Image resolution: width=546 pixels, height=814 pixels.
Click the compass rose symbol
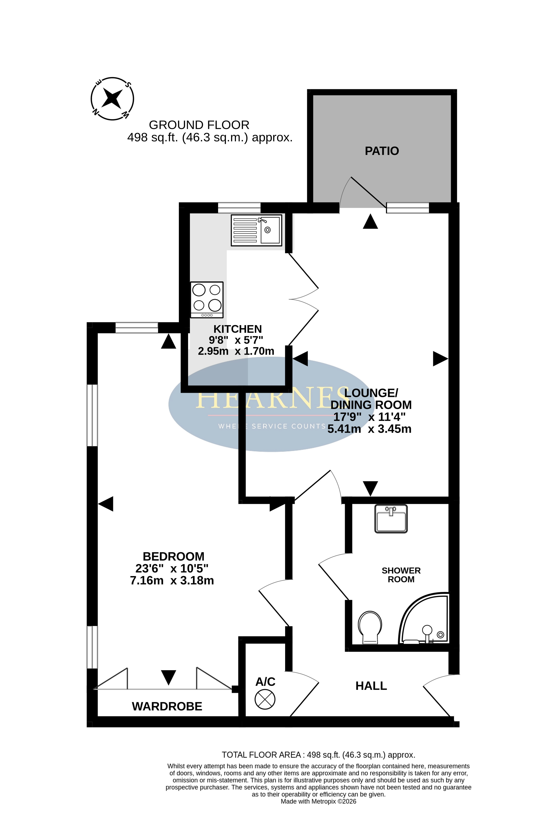112,99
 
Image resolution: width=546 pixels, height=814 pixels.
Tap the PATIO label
382,151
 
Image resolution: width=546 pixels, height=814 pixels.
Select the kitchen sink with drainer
256,230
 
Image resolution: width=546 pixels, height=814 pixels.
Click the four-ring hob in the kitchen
207,300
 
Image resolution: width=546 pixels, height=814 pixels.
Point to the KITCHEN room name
237,329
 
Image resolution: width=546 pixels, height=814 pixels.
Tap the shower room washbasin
391,519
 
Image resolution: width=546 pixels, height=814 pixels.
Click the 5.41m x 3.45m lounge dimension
369,429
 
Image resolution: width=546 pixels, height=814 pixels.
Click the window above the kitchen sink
239,208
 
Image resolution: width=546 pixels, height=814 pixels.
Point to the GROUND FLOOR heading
199,125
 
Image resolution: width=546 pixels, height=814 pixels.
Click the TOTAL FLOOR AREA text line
319,755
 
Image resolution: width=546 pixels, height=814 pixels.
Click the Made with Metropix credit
319,801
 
